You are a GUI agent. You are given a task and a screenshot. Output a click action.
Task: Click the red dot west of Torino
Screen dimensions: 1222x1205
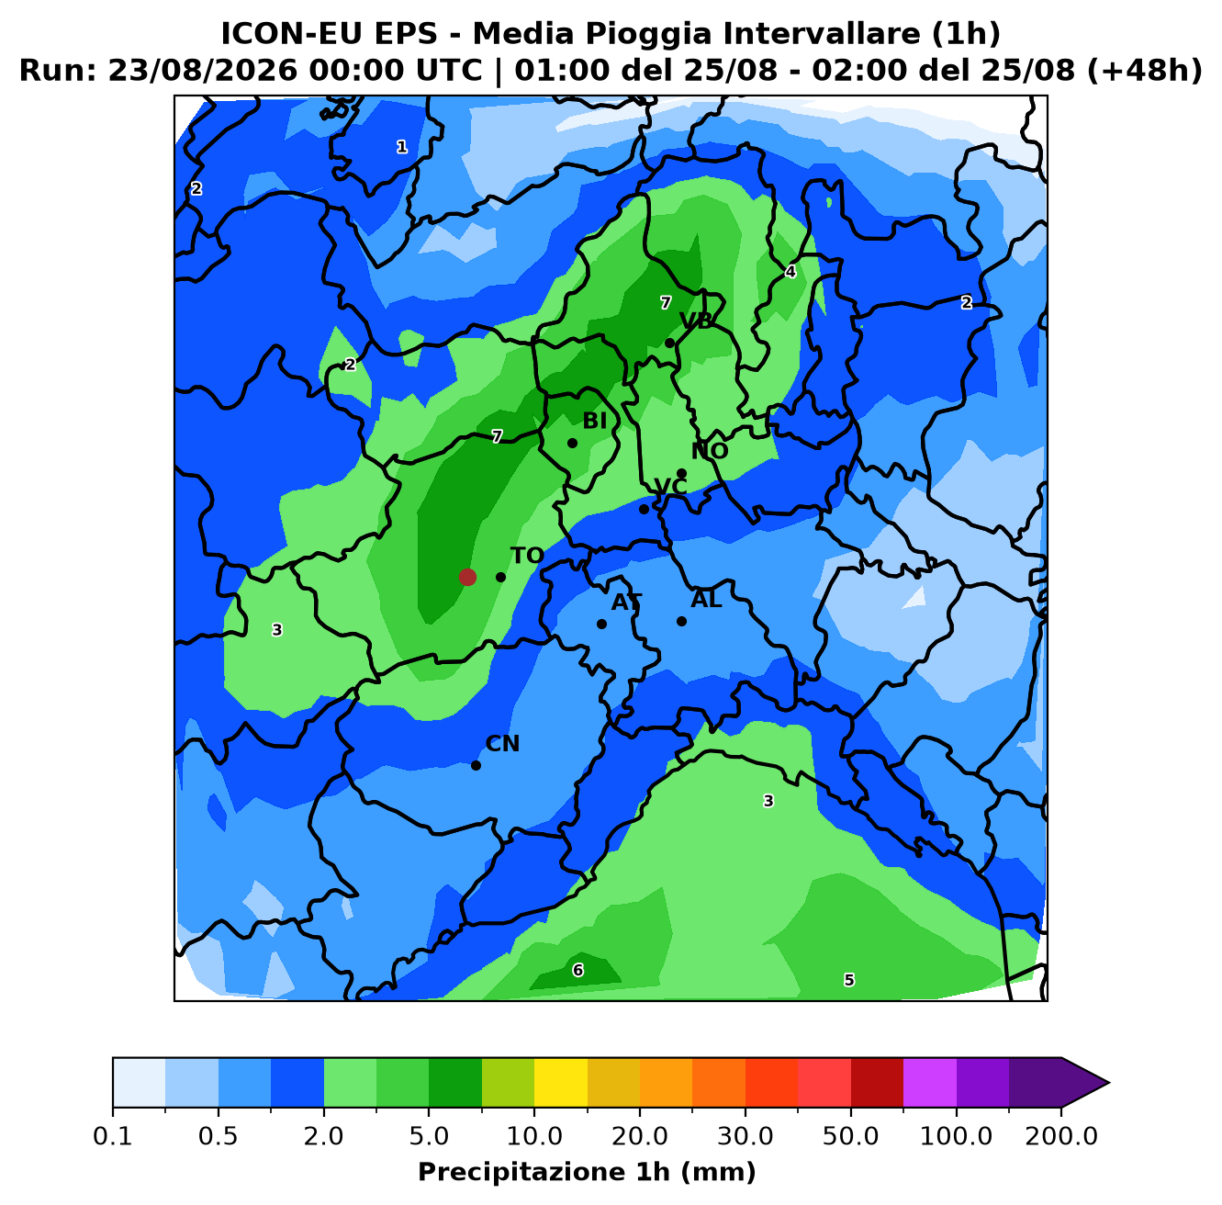(x=467, y=577)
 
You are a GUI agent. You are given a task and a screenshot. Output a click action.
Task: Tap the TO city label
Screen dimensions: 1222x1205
(x=527, y=556)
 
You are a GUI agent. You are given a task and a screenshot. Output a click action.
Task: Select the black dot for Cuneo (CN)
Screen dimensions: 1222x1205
(x=476, y=765)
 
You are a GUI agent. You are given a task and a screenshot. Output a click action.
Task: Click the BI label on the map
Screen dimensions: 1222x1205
(x=594, y=421)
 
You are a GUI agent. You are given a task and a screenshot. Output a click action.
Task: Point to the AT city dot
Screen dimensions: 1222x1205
(x=601, y=624)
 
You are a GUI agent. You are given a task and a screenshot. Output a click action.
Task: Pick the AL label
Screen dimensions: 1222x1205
(x=706, y=600)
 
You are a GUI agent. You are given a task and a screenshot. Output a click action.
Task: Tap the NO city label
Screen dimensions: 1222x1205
(x=710, y=451)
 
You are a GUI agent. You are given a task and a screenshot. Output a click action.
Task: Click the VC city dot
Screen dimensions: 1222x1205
(x=644, y=509)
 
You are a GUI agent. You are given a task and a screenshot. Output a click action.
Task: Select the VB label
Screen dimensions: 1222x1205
(x=696, y=321)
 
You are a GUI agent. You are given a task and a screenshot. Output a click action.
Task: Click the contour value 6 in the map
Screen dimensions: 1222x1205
(x=577, y=970)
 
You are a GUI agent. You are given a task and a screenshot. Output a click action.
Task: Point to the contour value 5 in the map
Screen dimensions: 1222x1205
(x=849, y=980)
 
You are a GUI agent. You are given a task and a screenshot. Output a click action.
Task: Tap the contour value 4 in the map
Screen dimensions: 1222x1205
(x=790, y=272)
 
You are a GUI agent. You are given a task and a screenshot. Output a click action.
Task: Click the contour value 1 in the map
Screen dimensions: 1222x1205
(x=401, y=147)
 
